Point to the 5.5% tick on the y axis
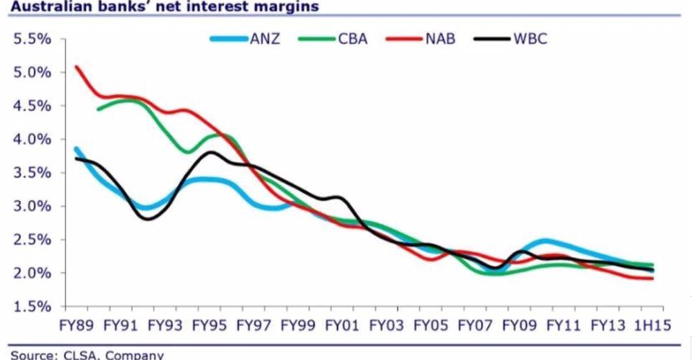point(33,39)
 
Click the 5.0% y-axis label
point(33,73)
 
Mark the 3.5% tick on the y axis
point(33,173)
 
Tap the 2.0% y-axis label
point(33,274)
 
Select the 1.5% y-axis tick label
point(33,307)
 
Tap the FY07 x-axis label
point(475,325)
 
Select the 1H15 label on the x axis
point(652,325)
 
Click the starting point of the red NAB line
point(76,67)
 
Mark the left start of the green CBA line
point(98,109)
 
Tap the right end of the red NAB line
point(652,279)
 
